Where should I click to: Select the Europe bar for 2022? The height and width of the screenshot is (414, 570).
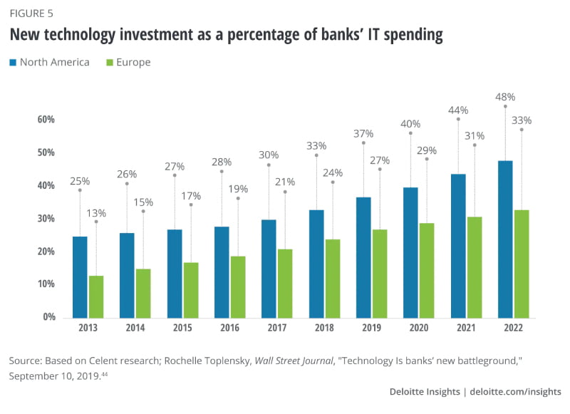point(522,264)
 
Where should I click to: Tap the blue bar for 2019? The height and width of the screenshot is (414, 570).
point(363,257)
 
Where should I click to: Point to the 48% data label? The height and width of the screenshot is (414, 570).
point(505,97)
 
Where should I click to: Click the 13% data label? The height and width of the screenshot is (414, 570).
point(95,212)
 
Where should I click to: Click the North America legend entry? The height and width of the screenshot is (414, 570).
point(49,62)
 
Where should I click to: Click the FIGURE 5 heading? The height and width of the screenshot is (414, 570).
point(32,14)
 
